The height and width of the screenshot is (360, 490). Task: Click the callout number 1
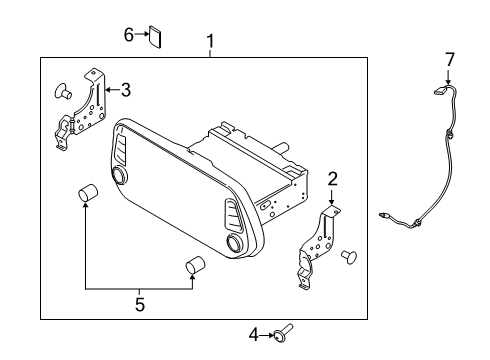[x=211, y=41]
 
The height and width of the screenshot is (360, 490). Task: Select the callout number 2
[x=332, y=178]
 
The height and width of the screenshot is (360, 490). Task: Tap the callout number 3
[x=125, y=90]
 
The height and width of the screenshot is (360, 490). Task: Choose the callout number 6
[x=129, y=36]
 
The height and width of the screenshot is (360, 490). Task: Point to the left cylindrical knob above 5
[x=87, y=193]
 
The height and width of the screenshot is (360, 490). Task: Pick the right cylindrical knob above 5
[x=195, y=265]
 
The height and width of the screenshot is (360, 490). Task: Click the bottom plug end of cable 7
[x=384, y=213]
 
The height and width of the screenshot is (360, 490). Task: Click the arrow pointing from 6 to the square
[x=141, y=36]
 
